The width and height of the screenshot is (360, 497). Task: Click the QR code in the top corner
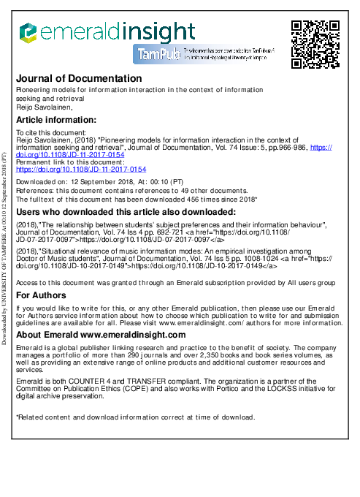(315, 45)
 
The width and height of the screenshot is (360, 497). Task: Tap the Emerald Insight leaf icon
(27, 31)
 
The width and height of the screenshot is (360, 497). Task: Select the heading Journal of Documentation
(79, 78)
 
